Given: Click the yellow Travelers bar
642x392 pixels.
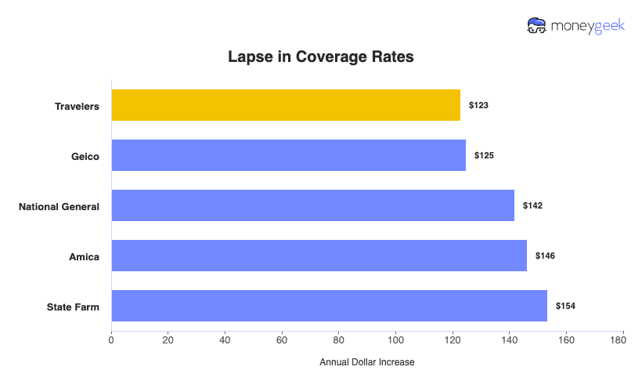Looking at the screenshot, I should tap(286, 105).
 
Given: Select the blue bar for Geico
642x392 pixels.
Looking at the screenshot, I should tap(288, 155).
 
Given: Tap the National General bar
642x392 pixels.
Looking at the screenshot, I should tap(312, 205).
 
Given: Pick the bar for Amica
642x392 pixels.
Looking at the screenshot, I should tap(319, 256).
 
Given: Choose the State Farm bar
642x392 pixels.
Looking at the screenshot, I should tap(329, 306).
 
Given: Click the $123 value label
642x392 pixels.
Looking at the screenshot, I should tap(478, 105).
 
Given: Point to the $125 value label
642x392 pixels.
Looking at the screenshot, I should tap(484, 155).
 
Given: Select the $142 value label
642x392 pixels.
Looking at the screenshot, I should tap(532, 205).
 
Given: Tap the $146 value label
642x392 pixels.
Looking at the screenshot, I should tap(545, 256).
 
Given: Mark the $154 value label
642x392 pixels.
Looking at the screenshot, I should tap(565, 306).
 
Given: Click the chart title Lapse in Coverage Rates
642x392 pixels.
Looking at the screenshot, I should tap(320, 57).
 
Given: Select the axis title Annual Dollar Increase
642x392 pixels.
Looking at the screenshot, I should tap(366, 362).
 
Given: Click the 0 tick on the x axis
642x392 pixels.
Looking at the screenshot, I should tap(111, 340).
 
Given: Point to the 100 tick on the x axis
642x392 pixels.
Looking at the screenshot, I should tap(395, 340).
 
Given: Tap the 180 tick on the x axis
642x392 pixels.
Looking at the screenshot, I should tap(622, 340).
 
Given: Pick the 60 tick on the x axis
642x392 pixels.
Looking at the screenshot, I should tap(282, 340).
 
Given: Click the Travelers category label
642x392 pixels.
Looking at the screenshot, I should tap(77, 106).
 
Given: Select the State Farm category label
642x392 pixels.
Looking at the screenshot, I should tap(73, 307).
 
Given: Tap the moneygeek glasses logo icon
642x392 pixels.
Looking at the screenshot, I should tap(537, 26).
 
